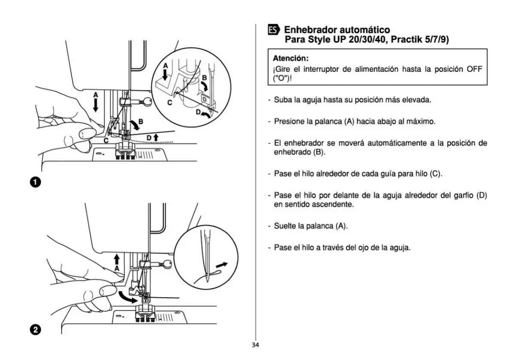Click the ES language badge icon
pos(274,30)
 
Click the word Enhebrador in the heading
pos(310,30)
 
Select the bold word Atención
pos(290,59)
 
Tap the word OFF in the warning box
pos(474,69)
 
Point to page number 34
pos(255,345)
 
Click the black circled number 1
pos(36,182)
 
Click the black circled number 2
pos(36,330)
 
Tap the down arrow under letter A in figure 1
pos(95,105)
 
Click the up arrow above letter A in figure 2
pos(117,260)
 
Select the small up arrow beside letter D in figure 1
pos(156,137)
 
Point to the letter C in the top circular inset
pos(170,103)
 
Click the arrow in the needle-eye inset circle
pos(222,265)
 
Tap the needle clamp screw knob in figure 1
pos(147,102)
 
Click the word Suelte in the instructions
pos(285,226)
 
